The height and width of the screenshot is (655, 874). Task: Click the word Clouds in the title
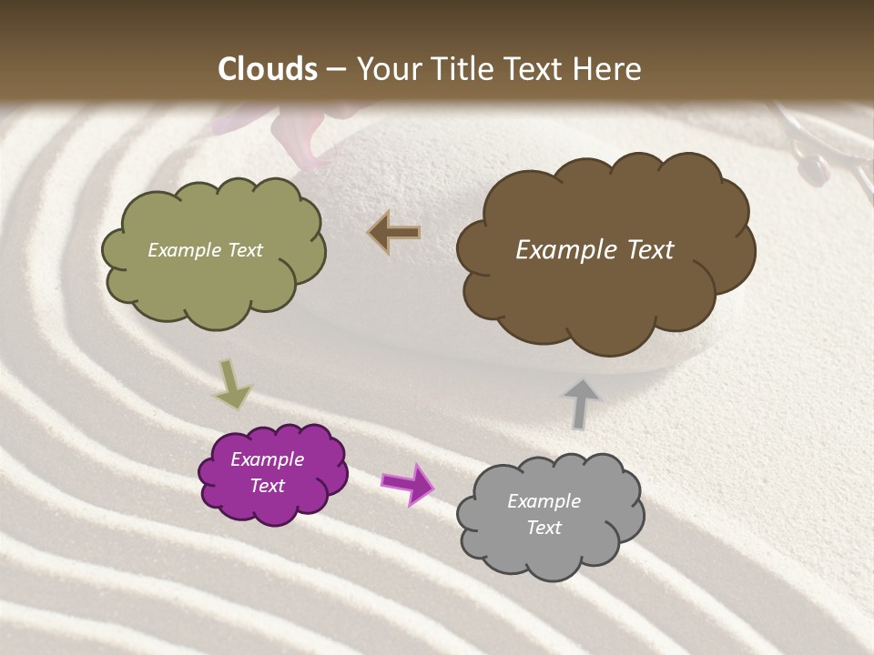[268, 69]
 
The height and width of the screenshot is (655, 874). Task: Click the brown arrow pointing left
[394, 233]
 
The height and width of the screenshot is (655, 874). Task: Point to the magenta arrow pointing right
[408, 483]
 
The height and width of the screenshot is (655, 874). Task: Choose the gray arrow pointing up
[581, 402]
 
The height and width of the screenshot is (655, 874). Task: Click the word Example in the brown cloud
[565, 250]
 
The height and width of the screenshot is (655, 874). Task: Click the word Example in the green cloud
[185, 250]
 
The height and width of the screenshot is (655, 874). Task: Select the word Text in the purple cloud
[268, 486]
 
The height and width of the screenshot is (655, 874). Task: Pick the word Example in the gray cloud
[544, 501]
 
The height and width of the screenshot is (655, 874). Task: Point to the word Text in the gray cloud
[544, 528]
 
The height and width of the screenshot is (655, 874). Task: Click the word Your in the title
[386, 69]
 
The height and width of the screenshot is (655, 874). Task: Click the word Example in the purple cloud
[267, 459]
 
